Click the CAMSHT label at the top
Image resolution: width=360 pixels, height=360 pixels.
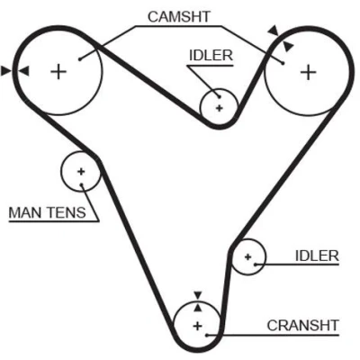[179, 17]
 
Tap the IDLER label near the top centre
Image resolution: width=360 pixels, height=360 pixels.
[211, 56]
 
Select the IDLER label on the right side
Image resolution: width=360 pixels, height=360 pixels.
[317, 256]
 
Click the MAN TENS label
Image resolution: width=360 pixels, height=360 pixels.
[47, 212]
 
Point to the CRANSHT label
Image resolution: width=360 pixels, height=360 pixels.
[302, 326]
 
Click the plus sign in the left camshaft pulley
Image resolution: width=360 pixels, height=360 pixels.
[58, 72]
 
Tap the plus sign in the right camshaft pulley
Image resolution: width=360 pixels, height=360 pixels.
[309, 72]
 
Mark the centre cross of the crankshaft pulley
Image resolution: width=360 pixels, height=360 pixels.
[197, 326]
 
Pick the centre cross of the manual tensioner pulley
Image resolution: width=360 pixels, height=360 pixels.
[81, 172]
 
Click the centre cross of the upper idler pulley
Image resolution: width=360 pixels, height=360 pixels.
[220, 108]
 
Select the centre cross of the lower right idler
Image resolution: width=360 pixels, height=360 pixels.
[247, 256]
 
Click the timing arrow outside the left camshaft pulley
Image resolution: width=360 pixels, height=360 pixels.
[5, 71]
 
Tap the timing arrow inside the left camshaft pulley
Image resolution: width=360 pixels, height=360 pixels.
[24, 71]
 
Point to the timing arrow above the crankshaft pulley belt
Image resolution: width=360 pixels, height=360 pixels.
[197, 295]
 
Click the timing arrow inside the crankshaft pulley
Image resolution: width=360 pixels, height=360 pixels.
[197, 307]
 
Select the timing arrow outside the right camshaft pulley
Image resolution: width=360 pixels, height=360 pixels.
[274, 31]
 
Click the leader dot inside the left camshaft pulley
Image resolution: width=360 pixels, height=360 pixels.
[80, 59]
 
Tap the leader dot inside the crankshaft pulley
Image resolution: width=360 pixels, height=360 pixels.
[207, 335]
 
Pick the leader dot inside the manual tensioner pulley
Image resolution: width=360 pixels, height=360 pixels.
[81, 184]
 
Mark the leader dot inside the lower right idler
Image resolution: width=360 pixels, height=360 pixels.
[256, 265]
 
